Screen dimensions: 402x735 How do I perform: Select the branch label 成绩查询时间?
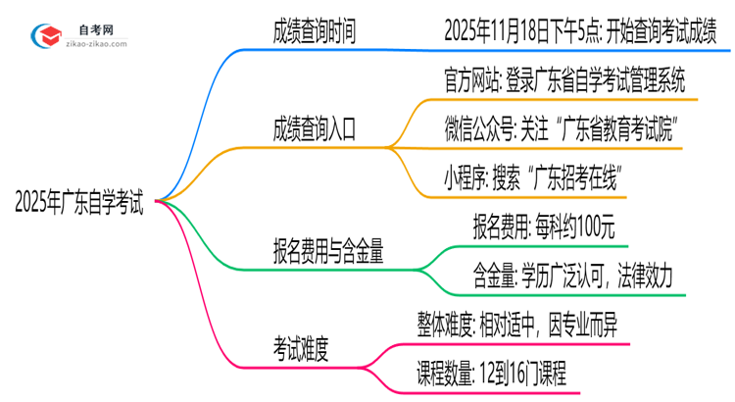pos(314,30)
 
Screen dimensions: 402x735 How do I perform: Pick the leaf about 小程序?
pos(535,178)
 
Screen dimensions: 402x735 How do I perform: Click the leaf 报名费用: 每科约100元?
pos(543,228)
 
